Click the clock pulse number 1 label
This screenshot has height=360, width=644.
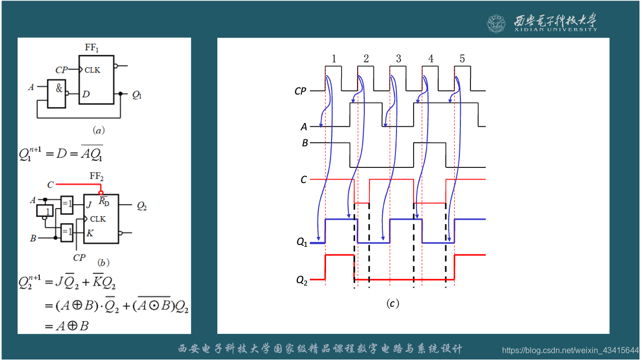tap(334, 59)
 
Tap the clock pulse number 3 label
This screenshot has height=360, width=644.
tap(398, 59)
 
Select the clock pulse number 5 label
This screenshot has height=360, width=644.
tap(462, 59)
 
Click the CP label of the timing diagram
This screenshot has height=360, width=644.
tap(300, 91)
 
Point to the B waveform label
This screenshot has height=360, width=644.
tap(304, 143)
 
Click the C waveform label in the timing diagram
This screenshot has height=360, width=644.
tap(303, 179)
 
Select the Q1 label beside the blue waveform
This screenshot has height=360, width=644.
tap(301, 243)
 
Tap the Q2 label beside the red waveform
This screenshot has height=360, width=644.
tap(301, 280)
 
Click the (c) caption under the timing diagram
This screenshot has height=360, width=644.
tap(392, 304)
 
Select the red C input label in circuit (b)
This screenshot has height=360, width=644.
tap(50, 185)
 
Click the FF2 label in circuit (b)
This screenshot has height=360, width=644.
tap(97, 176)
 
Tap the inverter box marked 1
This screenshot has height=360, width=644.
tap(44, 210)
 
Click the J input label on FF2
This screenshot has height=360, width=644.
tap(89, 205)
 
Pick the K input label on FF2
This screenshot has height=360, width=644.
tap(89, 233)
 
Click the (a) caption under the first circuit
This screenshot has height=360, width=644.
tap(99, 130)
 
